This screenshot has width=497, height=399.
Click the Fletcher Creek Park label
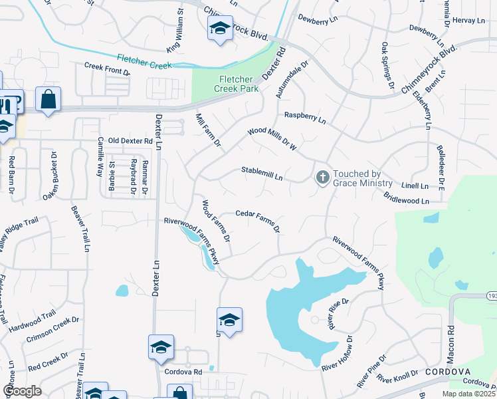(236, 83)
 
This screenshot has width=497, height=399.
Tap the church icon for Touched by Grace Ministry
(322, 177)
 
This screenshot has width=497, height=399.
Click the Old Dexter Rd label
(130, 141)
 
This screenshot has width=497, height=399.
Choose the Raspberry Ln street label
(305, 118)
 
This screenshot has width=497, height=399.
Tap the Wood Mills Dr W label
(272, 138)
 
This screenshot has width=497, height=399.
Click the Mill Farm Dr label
(207, 129)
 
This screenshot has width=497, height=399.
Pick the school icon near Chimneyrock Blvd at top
(220, 29)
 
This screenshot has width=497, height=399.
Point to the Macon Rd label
(451, 338)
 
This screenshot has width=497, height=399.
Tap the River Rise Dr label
(338, 314)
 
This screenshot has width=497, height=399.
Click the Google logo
(23, 391)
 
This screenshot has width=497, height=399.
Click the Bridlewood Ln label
(407, 198)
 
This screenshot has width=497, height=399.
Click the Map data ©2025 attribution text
(468, 394)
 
